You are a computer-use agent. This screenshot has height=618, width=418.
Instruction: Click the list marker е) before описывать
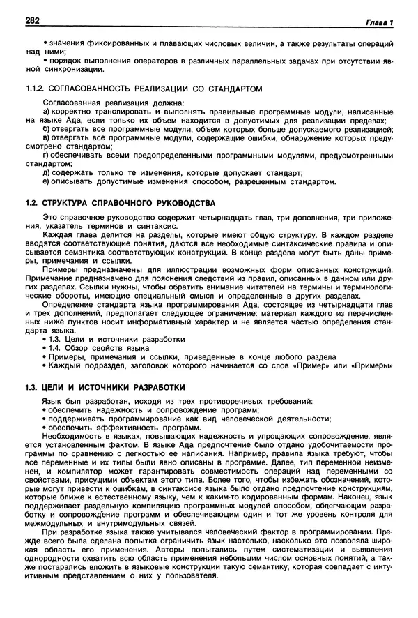pyautogui.click(x=47, y=182)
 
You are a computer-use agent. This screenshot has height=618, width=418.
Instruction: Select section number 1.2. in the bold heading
pyautogui.click(x=31, y=203)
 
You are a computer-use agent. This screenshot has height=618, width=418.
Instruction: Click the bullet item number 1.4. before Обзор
pyautogui.click(x=58, y=347)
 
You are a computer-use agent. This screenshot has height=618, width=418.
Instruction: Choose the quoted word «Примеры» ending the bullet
pyautogui.click(x=373, y=365)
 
